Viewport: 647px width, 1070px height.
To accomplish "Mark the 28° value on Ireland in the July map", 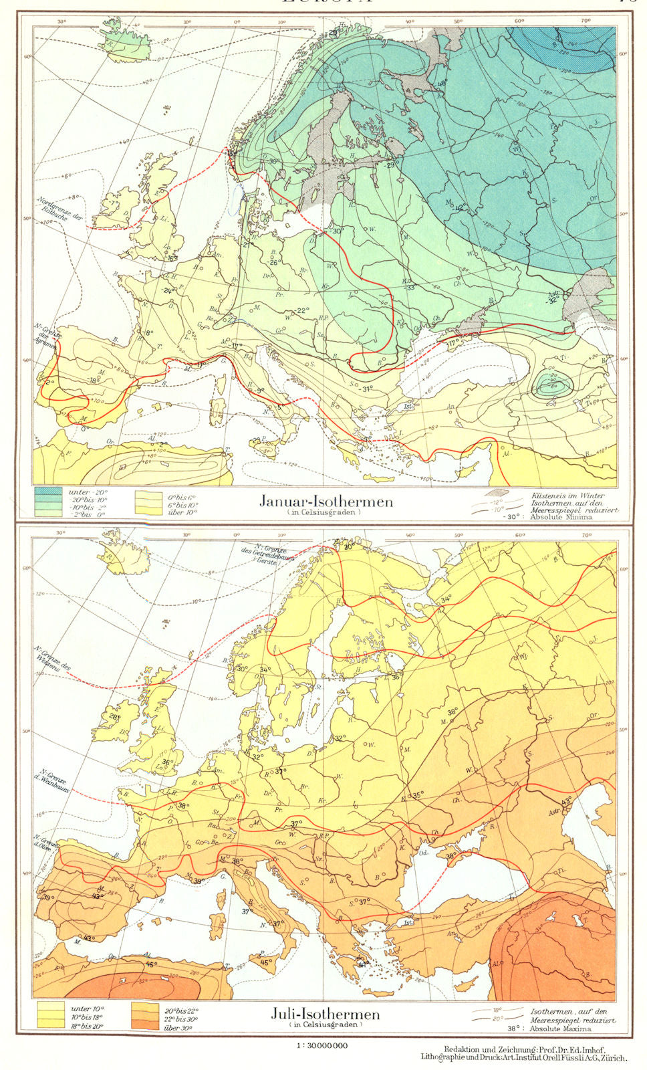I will (115, 718).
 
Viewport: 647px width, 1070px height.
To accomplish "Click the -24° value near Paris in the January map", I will (168, 290).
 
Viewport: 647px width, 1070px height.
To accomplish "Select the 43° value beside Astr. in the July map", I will (567, 800).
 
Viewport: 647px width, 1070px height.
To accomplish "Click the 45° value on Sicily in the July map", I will (265, 963).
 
